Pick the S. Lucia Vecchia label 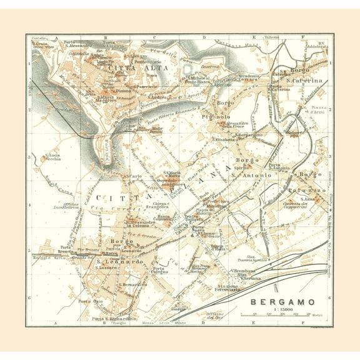pos(52,157)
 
